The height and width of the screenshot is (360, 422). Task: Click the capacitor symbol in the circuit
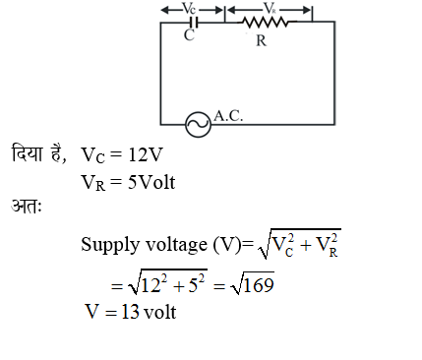click(x=194, y=23)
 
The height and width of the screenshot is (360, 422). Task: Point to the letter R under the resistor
click(x=261, y=41)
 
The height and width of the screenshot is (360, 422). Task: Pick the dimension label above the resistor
click(x=269, y=8)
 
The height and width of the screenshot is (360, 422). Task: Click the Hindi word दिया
click(x=29, y=153)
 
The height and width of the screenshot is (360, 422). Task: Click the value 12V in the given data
click(x=151, y=155)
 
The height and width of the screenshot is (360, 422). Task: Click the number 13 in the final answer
click(x=132, y=315)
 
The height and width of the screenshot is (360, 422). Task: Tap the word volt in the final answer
click(x=163, y=315)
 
